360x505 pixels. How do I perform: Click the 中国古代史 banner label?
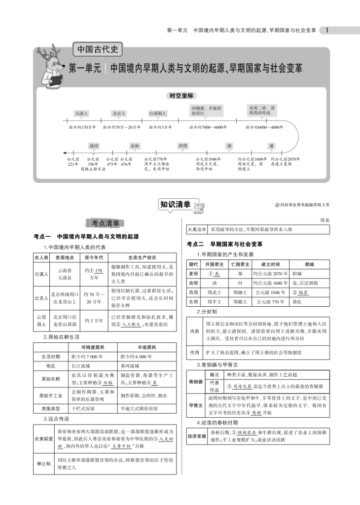click(x=97, y=50)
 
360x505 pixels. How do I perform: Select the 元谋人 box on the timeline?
click(x=81, y=113)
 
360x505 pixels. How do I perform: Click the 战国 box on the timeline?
click(x=94, y=146)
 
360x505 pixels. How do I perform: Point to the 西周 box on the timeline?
click(x=183, y=146)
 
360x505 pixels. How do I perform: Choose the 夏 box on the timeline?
click(x=271, y=146)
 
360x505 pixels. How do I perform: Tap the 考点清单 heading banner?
click(x=105, y=223)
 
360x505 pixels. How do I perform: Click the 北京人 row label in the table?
click(x=41, y=298)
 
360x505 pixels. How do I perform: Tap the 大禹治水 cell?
click(x=197, y=229)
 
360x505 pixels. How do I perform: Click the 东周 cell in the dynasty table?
click(x=193, y=300)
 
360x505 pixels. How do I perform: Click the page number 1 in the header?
click(x=328, y=30)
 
